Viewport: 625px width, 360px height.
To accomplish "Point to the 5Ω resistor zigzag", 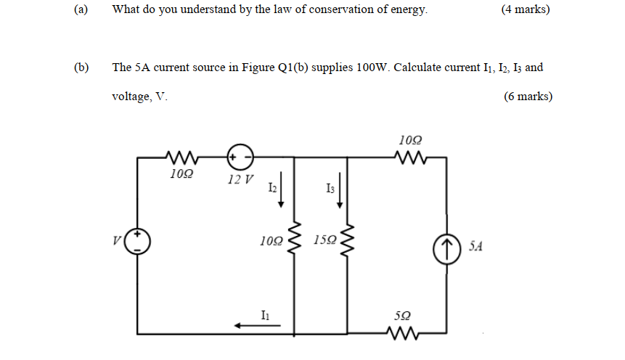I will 403,334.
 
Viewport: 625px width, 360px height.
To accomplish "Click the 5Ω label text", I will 402,316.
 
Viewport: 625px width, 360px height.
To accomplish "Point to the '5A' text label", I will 475,247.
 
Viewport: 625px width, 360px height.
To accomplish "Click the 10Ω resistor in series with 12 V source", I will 179,155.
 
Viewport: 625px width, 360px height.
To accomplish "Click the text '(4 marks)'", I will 525,9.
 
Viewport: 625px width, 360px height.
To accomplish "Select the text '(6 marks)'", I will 528,97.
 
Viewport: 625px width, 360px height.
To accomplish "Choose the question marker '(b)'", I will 81,67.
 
